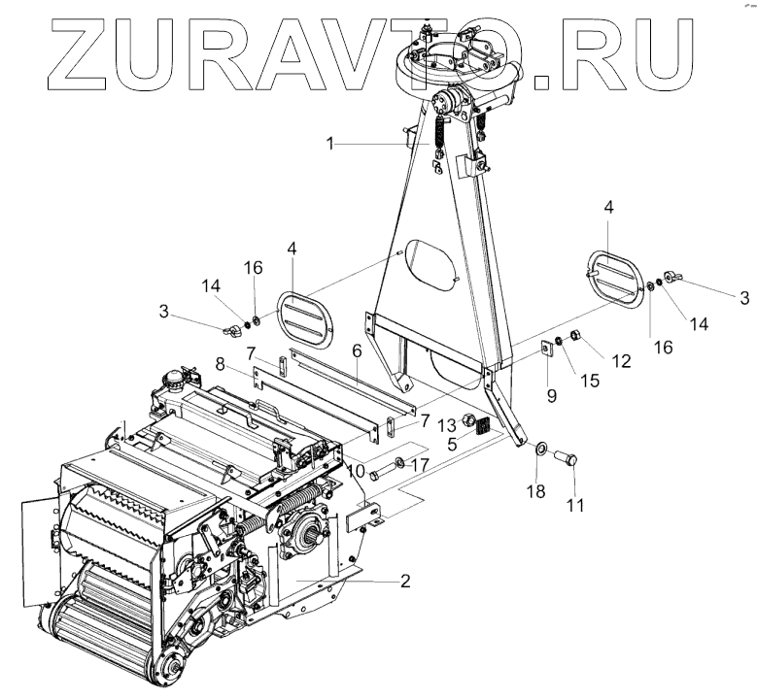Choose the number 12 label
pyautogui.click(x=621, y=361)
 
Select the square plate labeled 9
pyautogui.click(x=545, y=350)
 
